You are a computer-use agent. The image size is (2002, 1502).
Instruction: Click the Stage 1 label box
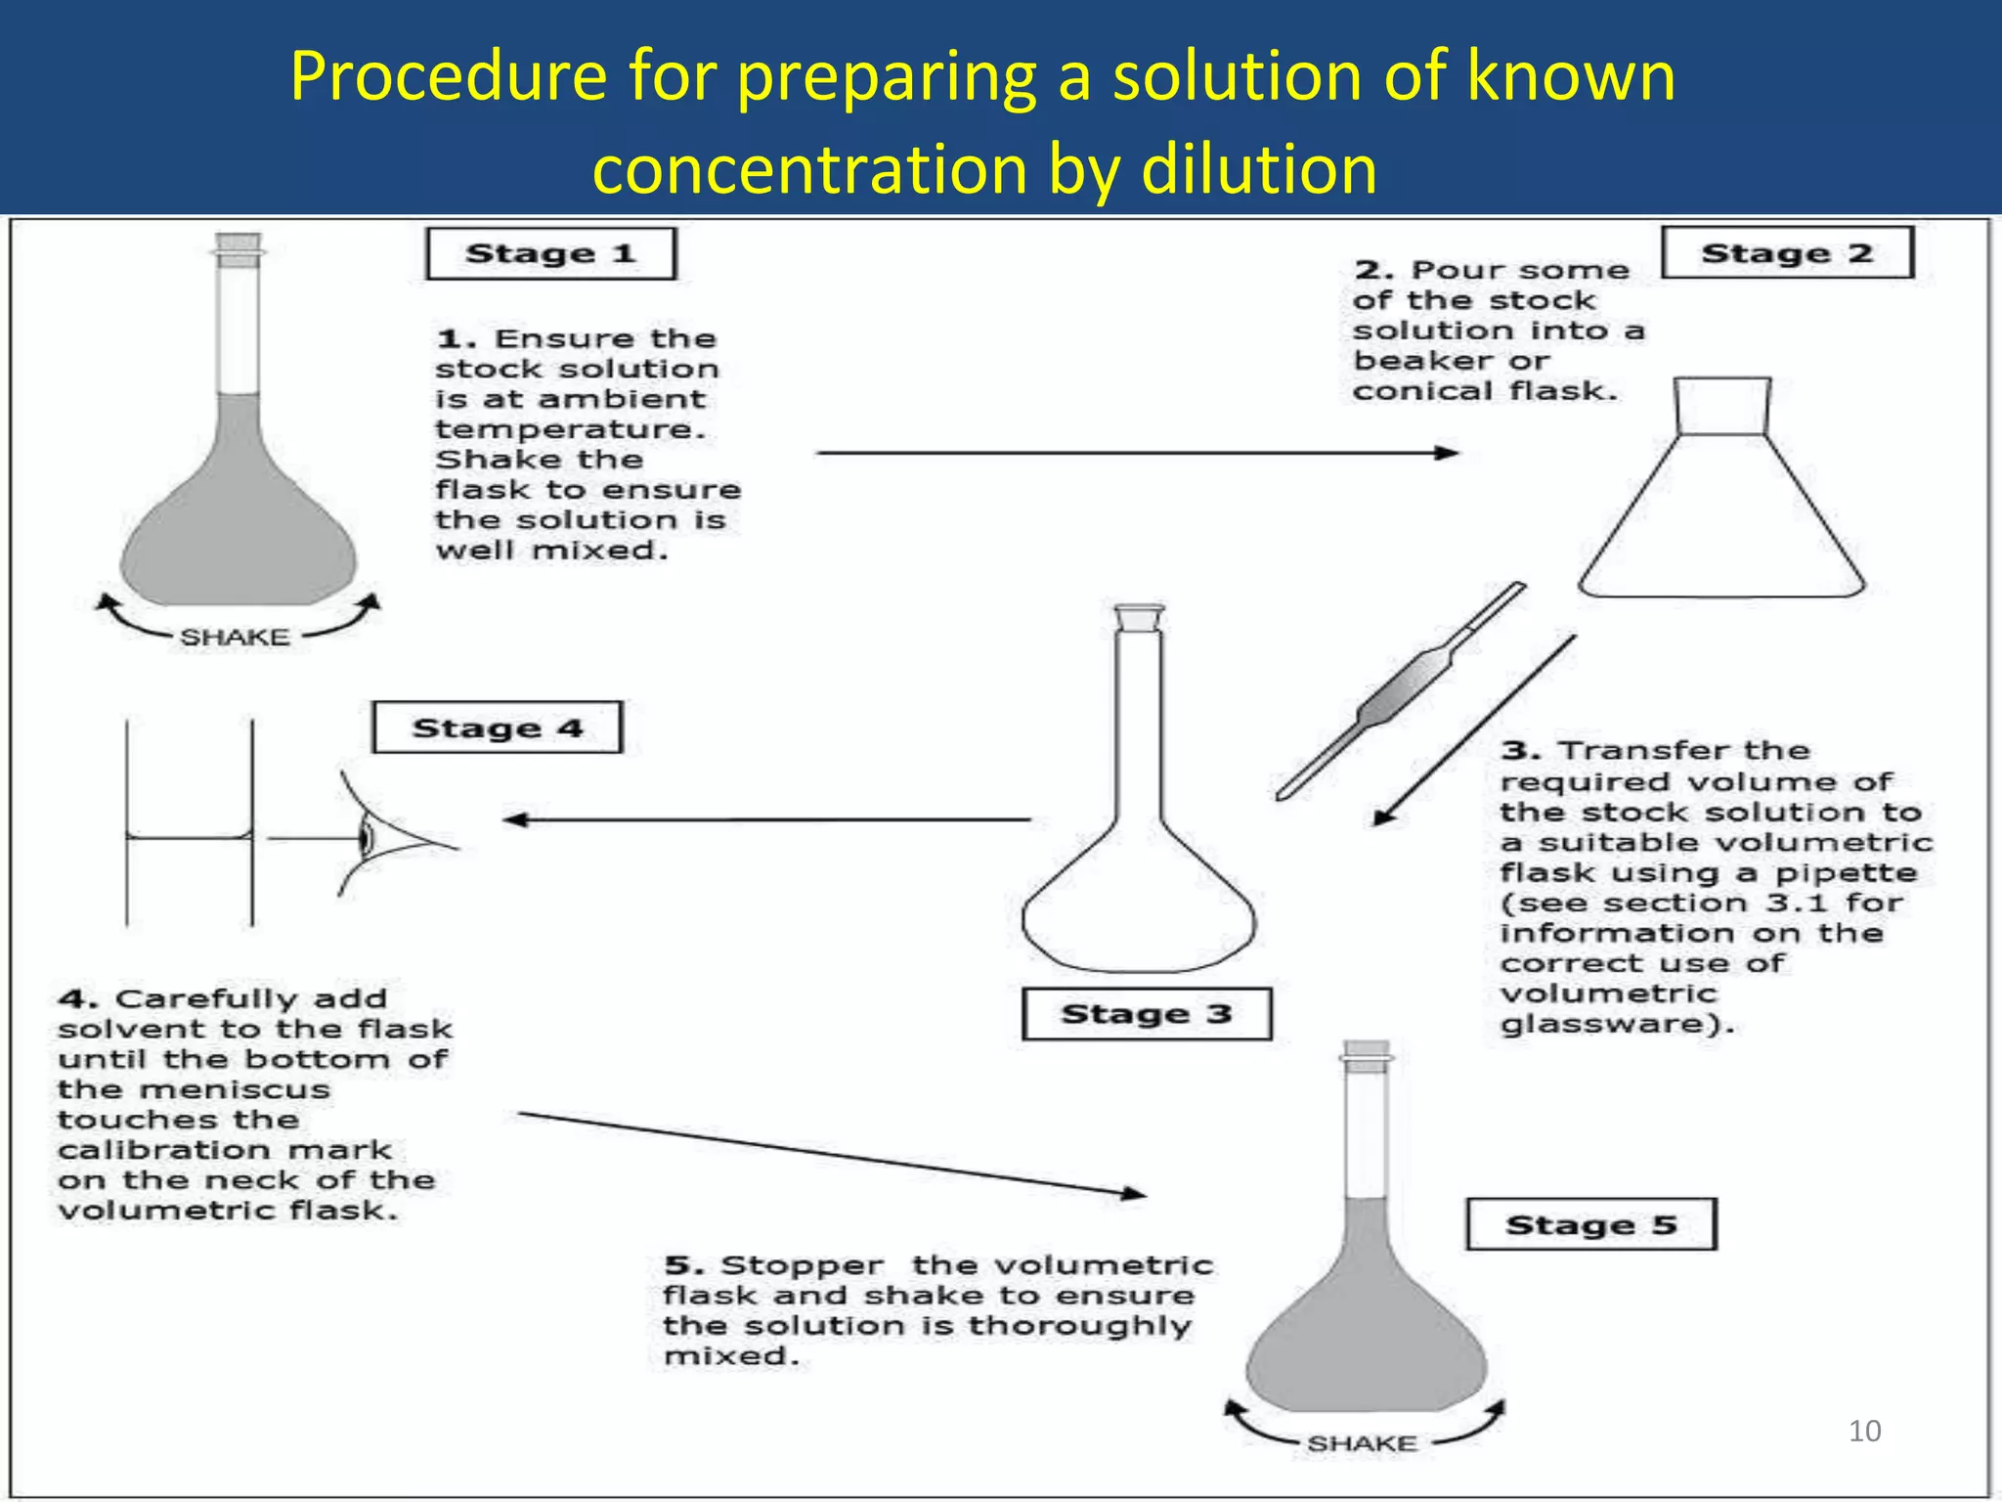pos(550,254)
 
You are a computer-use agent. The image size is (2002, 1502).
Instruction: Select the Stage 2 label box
pos(1787,253)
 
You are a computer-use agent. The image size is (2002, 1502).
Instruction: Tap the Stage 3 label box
pos(1146,1014)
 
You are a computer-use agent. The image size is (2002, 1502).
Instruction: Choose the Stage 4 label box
pos(497,728)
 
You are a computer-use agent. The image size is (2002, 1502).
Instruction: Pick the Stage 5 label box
pos(1590,1224)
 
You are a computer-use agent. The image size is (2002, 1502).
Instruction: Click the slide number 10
pos(1864,1432)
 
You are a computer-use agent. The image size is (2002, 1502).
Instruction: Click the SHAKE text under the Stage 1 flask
pos(235,638)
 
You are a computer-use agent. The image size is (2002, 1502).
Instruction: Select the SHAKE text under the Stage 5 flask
pos(1362,1443)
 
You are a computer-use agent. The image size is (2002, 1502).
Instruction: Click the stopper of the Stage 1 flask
pos(239,249)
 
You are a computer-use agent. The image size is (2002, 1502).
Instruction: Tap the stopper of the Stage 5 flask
pos(1366,1057)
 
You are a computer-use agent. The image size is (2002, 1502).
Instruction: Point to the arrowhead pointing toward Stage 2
pos(1447,453)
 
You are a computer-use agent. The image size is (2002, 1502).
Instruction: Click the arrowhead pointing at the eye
pos(515,819)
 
